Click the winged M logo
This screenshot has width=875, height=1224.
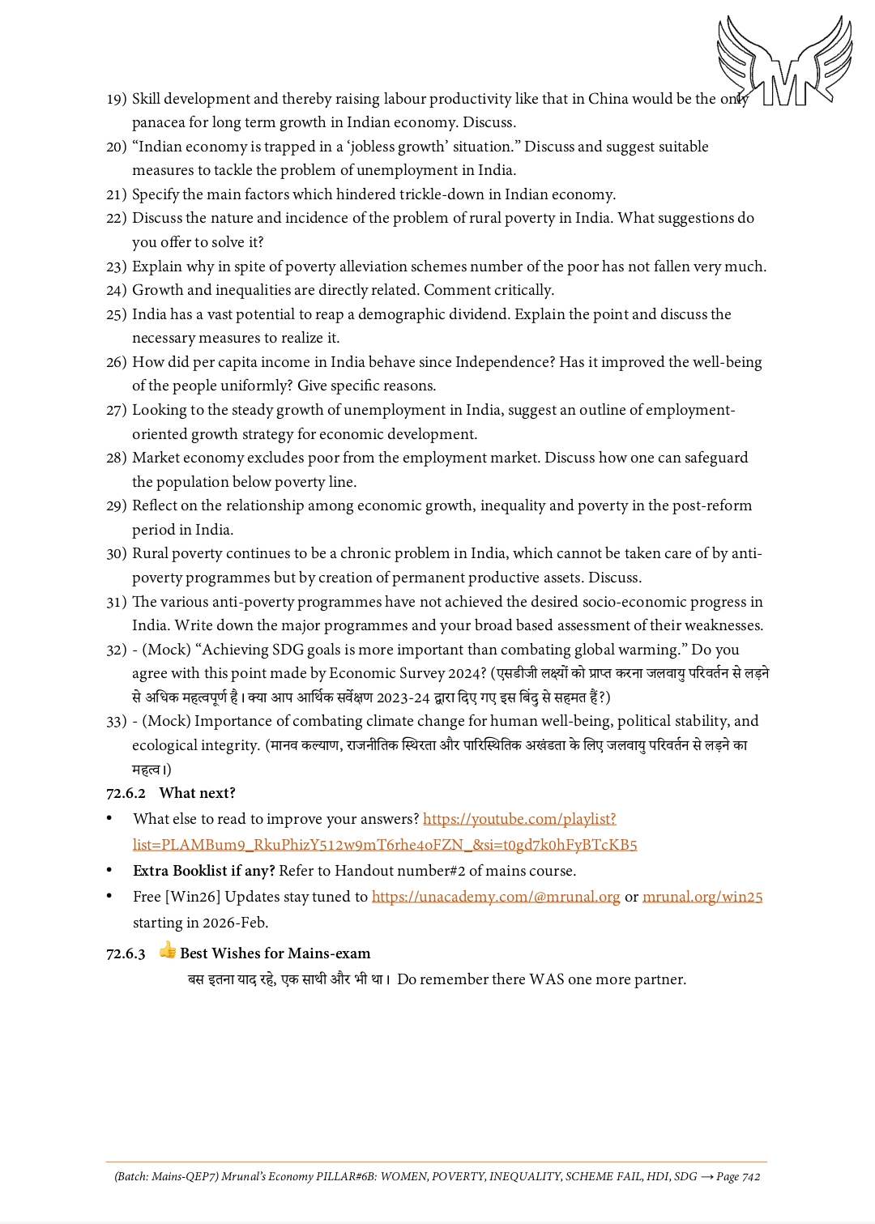pyautogui.click(x=783, y=62)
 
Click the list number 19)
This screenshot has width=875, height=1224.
pyautogui.click(x=117, y=99)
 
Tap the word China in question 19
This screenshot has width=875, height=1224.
pyautogui.click(x=608, y=99)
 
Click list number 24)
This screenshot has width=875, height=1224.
pyautogui.click(x=117, y=290)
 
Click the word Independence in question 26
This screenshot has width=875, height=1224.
pyautogui.click(x=505, y=362)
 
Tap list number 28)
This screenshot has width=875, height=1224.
pyautogui.click(x=117, y=458)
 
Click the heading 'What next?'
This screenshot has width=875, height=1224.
pyautogui.click(x=197, y=793)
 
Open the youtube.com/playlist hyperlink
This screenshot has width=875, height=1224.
pyautogui.click(x=519, y=819)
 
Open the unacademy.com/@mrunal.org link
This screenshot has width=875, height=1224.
pyautogui.click(x=496, y=897)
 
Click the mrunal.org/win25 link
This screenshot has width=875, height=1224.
pyautogui.click(x=702, y=897)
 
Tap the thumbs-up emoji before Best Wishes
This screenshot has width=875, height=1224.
pyautogui.click(x=168, y=951)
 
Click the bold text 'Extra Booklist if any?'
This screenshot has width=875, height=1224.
pyautogui.click(x=204, y=871)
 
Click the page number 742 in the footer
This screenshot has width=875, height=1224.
pyautogui.click(x=751, y=1176)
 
